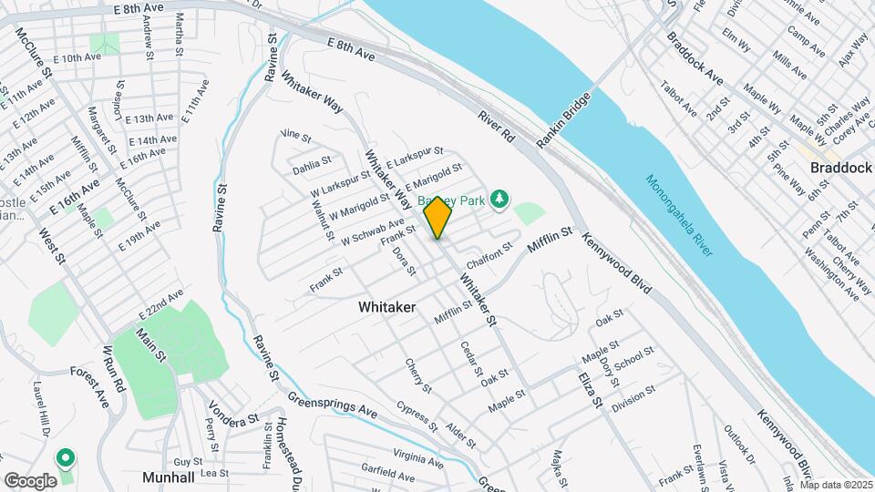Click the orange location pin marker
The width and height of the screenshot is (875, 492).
[x=437, y=217]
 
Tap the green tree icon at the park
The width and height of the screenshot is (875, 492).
[x=499, y=198]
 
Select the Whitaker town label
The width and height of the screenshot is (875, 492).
[x=386, y=308]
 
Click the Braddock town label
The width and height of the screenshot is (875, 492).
[x=840, y=169]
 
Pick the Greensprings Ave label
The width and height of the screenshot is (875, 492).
[x=332, y=406]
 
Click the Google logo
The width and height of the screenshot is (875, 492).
[x=30, y=481]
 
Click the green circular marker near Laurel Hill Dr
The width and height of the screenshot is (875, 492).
[x=66, y=456]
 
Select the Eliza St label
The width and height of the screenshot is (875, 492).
[x=591, y=387]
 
